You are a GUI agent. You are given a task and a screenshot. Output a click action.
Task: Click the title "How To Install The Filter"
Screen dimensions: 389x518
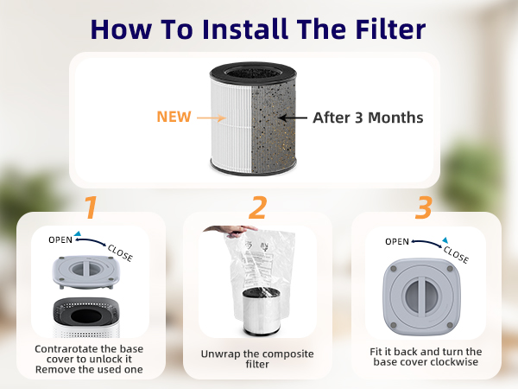coord(258,28)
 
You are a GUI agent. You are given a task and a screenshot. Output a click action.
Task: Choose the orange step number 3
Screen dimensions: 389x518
coord(423,208)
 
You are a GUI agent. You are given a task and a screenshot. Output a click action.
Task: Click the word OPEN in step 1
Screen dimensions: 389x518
coord(62,240)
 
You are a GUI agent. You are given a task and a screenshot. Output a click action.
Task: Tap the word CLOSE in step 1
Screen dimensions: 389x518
coord(119,253)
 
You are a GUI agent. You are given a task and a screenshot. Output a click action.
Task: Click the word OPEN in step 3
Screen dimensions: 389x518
coord(397,241)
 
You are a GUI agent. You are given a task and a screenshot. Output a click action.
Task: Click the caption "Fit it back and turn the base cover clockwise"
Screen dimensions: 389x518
coord(427,356)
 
